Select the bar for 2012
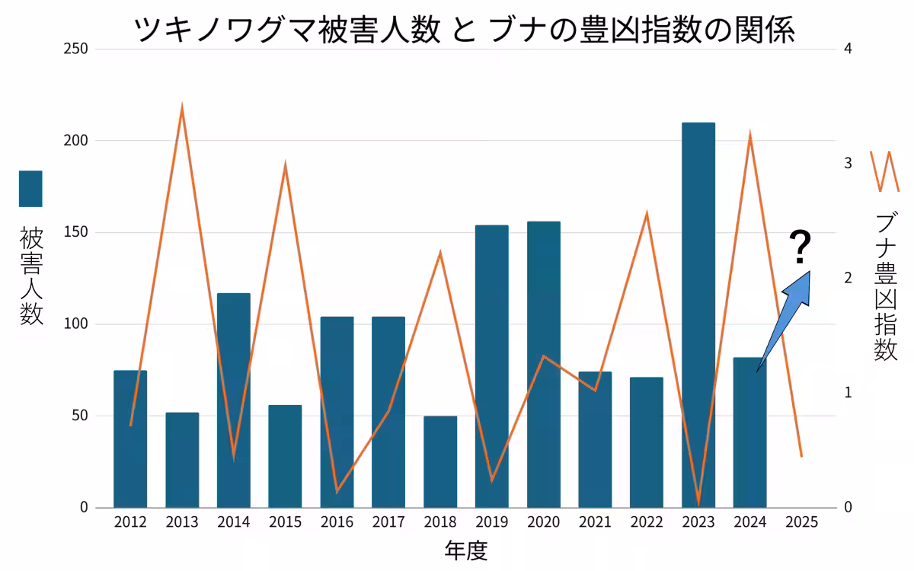(x=130, y=439)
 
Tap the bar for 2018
(x=440, y=461)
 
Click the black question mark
(x=799, y=247)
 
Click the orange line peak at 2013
(x=182, y=107)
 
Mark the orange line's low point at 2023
(x=698, y=502)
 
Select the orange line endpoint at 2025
(x=801, y=456)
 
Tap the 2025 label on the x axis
(x=801, y=522)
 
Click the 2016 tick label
(x=337, y=522)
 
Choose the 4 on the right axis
(x=848, y=49)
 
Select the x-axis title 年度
(x=465, y=550)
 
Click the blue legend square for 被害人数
(x=30, y=189)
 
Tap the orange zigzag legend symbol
(x=884, y=171)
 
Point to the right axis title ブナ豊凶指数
(x=885, y=285)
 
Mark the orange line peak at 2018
(x=440, y=252)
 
